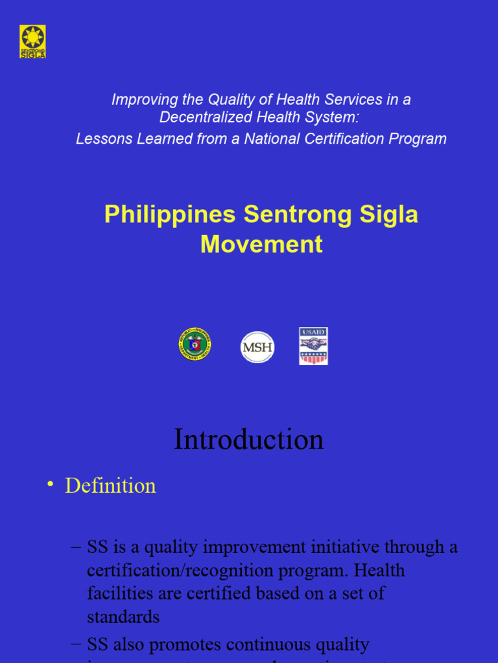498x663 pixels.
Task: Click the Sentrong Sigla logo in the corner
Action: (x=32, y=41)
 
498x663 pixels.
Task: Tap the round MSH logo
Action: (x=257, y=347)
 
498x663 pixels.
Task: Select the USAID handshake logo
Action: (x=313, y=346)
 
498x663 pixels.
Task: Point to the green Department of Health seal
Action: (x=195, y=344)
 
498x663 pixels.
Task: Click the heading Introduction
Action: (x=248, y=440)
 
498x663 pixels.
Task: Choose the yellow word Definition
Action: (x=110, y=486)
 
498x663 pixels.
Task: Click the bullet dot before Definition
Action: (x=49, y=486)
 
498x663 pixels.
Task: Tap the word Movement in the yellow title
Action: (x=261, y=244)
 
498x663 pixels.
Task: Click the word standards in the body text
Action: (x=123, y=616)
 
